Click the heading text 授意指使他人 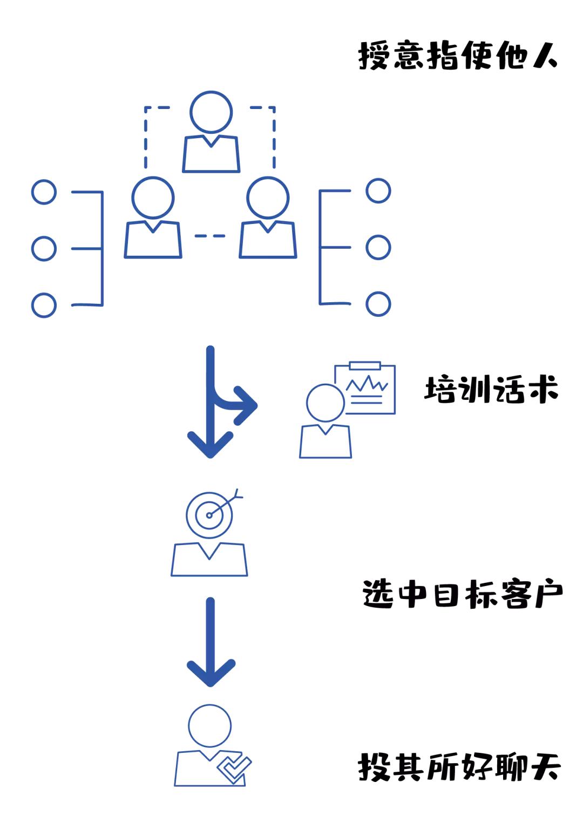pos(457,56)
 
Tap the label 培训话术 pos(491,390)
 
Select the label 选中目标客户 pos(462,595)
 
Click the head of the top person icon pos(211,112)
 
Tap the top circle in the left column pos(44,192)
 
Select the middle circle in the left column pos(44,248)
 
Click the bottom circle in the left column pos(44,305)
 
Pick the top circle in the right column pos(378,191)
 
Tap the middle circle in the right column pos(378,248)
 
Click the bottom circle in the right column pos(378,304)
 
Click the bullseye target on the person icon pos(209,515)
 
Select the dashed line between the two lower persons pos(210,236)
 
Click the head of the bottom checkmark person pos(210,725)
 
